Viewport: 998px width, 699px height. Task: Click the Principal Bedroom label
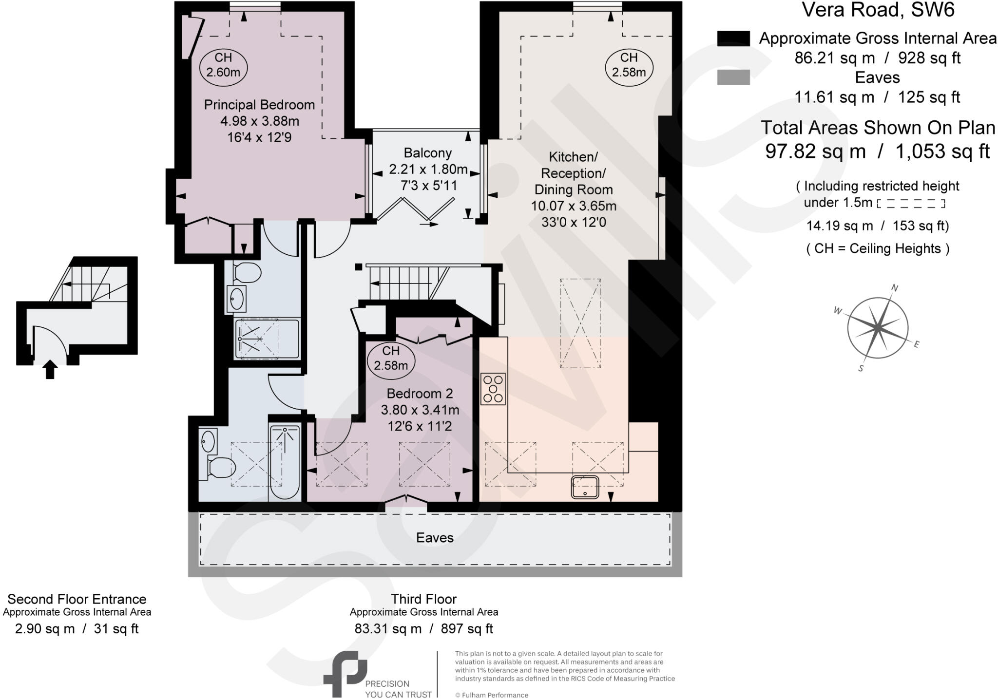[259, 105]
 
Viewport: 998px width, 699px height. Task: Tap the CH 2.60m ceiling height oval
[223, 65]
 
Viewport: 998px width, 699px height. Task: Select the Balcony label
[427, 153]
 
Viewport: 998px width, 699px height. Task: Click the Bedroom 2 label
[420, 393]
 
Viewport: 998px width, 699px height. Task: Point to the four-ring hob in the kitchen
[493, 389]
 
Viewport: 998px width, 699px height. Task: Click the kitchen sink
[585, 487]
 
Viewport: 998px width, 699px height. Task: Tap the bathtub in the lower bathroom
[285, 461]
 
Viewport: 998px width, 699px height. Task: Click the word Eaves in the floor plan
[435, 538]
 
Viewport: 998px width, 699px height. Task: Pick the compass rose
[877, 327]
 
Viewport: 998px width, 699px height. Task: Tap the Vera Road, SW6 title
[878, 10]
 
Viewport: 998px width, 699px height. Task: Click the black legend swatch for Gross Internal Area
[733, 38]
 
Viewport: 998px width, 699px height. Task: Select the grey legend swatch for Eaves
[733, 77]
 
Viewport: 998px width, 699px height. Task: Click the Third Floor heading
[423, 599]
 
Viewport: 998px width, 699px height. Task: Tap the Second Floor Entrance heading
[77, 599]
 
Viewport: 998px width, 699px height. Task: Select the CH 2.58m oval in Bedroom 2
[391, 358]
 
